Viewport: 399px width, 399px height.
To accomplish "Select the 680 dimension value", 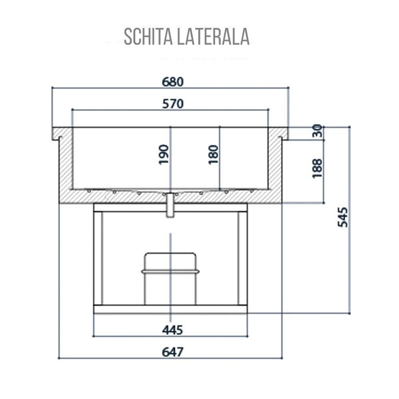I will click(172, 81).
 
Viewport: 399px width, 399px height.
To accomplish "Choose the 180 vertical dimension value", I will click(213, 155).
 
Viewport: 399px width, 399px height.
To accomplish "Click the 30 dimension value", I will click(317, 131).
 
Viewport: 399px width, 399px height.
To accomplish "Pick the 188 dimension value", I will click(317, 168).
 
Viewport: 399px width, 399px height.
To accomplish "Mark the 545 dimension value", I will click(343, 217).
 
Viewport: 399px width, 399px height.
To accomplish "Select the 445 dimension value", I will click(172, 330).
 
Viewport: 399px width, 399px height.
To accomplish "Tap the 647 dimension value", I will click(172, 352).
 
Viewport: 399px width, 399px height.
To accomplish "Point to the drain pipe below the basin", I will click(170, 205).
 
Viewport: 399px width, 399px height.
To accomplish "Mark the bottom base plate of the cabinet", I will click(170, 309).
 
